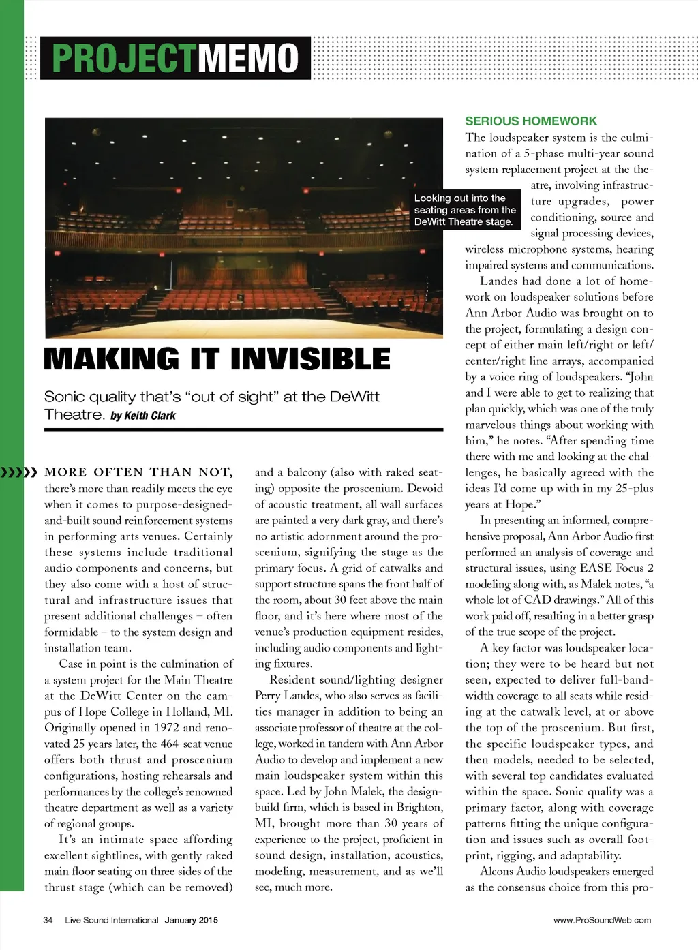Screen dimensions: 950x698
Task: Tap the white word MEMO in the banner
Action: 249,58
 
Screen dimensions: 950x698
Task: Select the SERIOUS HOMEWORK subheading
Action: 531,121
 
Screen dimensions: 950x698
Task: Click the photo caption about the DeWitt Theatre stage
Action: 464,210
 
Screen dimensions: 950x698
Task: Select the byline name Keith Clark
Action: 149,416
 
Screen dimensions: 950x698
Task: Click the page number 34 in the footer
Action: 48,920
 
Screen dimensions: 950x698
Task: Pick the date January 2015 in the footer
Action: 192,920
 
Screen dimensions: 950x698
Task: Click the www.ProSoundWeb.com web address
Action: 602,920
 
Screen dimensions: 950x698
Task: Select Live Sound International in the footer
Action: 112,920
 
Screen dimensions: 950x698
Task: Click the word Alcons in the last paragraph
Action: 497,871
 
